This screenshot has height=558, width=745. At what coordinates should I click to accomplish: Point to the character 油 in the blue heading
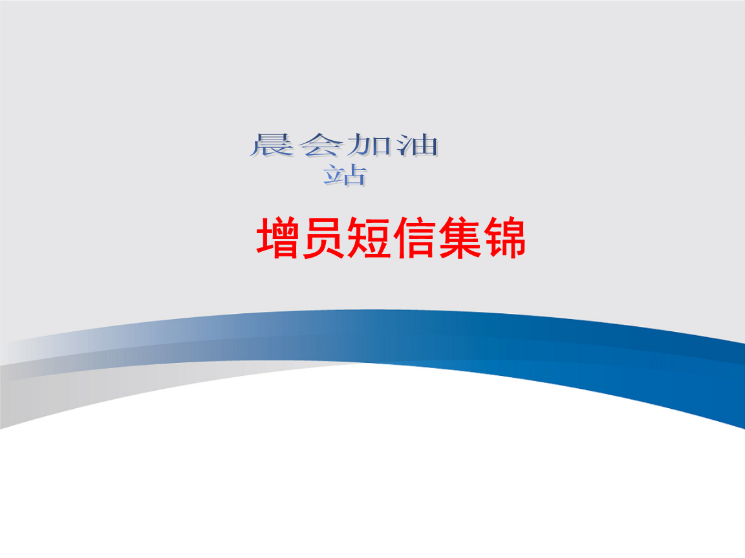coord(416,145)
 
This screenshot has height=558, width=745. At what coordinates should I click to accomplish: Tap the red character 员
coord(324,239)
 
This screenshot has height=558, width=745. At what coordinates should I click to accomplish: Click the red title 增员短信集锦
coord(391,239)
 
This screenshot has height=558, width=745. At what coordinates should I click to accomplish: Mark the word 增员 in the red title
coord(301,239)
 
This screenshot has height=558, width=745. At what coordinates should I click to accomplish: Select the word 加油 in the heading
coord(393,145)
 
